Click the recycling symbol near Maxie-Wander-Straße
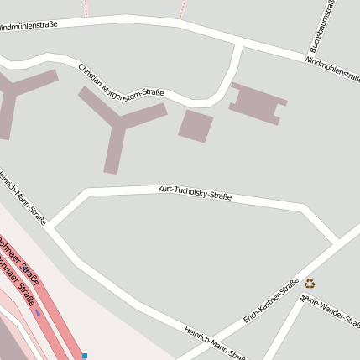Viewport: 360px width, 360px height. coord(310,284)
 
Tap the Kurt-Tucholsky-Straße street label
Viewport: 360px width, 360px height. coord(195,194)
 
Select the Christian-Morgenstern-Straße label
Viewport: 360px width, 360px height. coord(121,81)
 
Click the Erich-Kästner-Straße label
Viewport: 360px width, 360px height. coord(271,302)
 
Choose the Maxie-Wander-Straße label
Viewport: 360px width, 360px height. coord(331,310)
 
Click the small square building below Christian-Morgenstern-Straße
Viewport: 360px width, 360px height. coord(196,126)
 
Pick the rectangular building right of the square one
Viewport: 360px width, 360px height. coord(258,102)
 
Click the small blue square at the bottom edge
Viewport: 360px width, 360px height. coord(84,356)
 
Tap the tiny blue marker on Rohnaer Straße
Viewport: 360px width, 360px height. coord(37,314)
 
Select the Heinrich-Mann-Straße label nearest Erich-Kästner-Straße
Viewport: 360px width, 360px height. coord(215,342)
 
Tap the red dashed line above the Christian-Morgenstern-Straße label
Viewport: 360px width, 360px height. coord(86,8)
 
